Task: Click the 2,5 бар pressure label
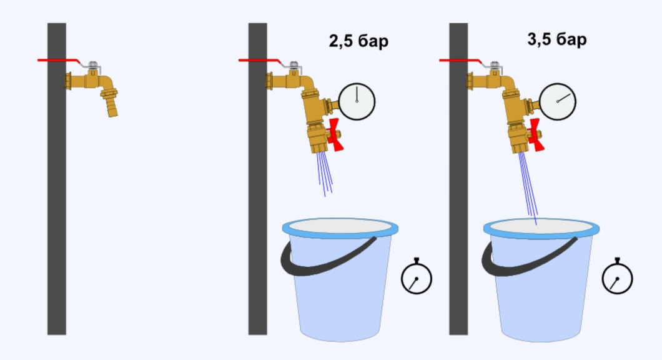click(358, 42)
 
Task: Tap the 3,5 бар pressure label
click(557, 41)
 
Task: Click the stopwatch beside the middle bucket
click(417, 277)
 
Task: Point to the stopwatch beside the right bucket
click(617, 277)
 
